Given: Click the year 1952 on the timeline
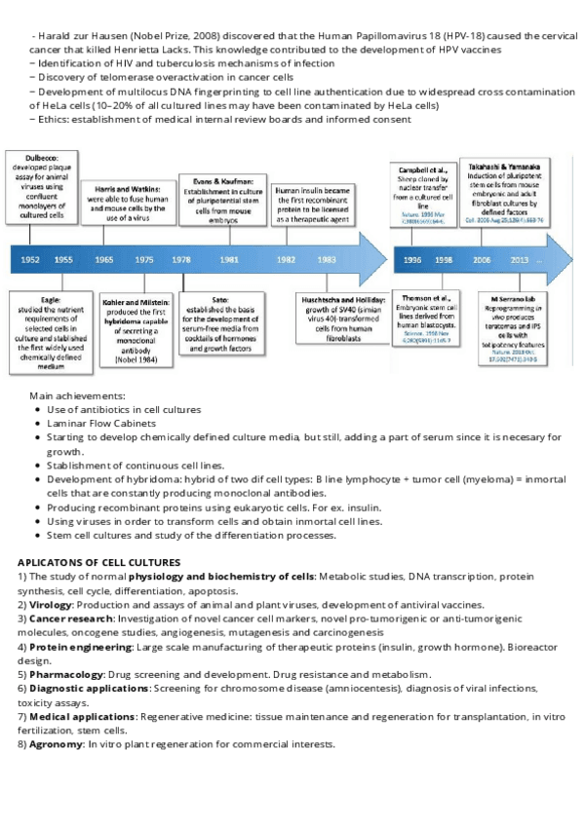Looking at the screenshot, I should tap(30, 260).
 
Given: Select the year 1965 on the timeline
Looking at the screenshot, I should tap(103, 260).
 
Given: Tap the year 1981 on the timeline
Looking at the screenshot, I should tap(229, 260).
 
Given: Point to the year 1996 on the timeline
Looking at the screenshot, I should tap(412, 260).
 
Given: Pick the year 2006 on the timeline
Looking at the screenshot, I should tap(483, 260).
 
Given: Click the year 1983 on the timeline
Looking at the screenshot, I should tap(327, 260).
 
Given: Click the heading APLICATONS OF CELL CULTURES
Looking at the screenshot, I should tap(98, 562).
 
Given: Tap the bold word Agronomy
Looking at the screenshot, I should tap(57, 744).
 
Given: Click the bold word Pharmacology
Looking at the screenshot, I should tap(65, 674).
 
